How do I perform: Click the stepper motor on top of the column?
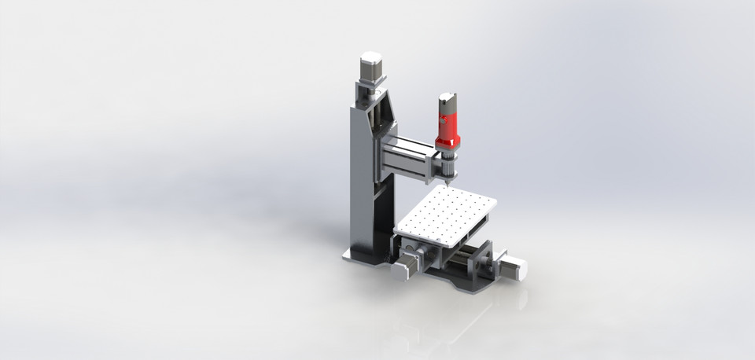pyautogui.click(x=370, y=66)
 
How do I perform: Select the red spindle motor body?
pyautogui.click(x=447, y=127)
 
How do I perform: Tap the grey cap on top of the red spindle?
pyautogui.click(x=447, y=101)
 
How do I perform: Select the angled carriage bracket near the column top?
pyautogui.click(x=381, y=110)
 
